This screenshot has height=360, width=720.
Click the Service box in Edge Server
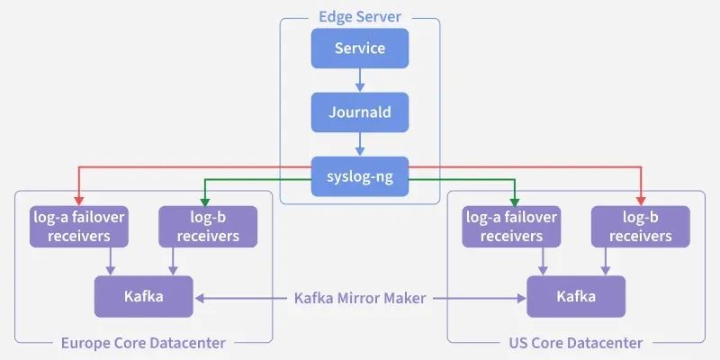360,48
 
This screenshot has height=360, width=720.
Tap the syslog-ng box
360,176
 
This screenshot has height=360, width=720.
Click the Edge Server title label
360,17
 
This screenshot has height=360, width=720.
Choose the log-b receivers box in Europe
208,227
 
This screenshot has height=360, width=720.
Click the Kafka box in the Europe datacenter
144,296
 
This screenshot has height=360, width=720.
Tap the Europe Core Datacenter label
143,343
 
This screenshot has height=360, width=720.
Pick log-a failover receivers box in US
511,227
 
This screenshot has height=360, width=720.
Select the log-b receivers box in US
640,227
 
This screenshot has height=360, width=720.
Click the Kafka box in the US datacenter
576,296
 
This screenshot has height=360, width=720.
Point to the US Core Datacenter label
577,343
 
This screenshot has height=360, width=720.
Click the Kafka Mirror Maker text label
360,297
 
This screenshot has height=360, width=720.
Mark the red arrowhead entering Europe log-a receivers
79,201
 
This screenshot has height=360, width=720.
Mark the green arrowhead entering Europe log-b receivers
205,201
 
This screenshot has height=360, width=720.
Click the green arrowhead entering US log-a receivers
514,201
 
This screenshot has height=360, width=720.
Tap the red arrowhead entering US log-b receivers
641,201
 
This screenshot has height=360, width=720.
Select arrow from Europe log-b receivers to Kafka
174,261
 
